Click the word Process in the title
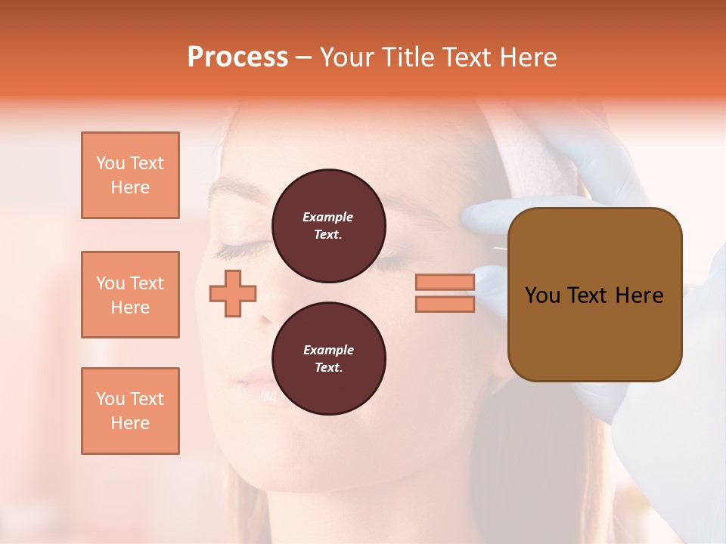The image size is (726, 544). coord(237,57)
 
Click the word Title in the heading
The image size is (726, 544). coord(409,57)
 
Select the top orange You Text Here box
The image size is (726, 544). coord(130,175)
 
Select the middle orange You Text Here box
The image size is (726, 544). coord(130,295)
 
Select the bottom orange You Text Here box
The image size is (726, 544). coord(130,411)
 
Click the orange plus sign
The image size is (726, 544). coord(233,293)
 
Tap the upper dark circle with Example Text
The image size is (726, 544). coord(329,226)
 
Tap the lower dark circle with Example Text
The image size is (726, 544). coord(329,359)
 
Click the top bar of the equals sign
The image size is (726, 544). coord(445,282)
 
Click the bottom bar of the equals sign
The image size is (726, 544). coord(445,304)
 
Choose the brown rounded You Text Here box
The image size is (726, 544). coord(594,295)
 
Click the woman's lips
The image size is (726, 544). coord(261,385)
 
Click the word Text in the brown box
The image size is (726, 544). coord(591,295)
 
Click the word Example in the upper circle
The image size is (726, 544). coord(327,217)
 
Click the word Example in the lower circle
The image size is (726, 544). coord(328,350)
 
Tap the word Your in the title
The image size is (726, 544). coord(346,57)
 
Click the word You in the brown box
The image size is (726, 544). coord(542,295)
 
